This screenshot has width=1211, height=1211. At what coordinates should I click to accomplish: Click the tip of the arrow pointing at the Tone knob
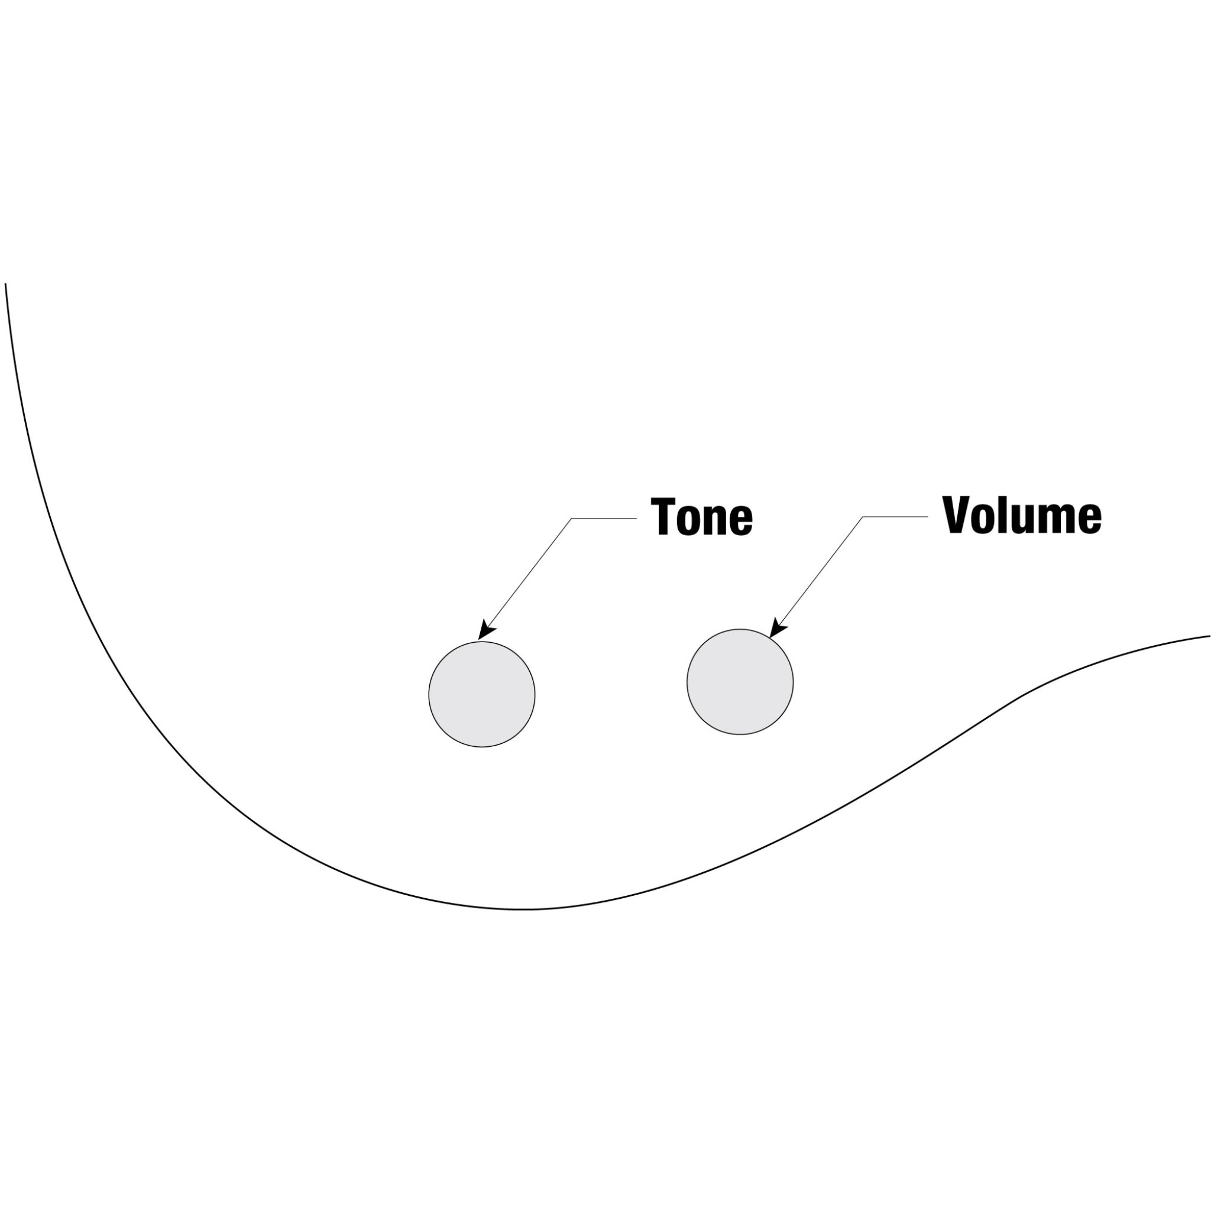[478, 640]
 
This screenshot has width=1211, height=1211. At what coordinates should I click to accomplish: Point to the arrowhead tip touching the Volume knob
[770, 638]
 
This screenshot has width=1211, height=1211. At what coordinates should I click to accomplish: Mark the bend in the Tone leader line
[572, 519]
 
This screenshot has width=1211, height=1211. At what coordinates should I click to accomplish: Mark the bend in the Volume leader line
[863, 517]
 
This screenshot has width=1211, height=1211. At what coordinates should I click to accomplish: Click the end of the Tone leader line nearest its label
[637, 519]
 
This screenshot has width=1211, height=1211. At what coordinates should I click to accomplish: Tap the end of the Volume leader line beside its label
[928, 517]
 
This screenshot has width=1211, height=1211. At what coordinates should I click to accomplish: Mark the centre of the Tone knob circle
[482, 695]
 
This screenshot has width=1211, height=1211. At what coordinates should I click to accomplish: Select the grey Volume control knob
[740, 682]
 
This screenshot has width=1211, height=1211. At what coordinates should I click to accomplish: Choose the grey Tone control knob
[482, 695]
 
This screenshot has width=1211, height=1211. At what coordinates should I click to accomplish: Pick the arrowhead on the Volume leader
[778, 629]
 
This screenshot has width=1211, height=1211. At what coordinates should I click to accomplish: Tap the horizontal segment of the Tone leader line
[604, 519]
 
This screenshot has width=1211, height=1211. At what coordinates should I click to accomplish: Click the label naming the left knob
[701, 517]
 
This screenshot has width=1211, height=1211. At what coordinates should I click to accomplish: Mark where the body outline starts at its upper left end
[6, 284]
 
